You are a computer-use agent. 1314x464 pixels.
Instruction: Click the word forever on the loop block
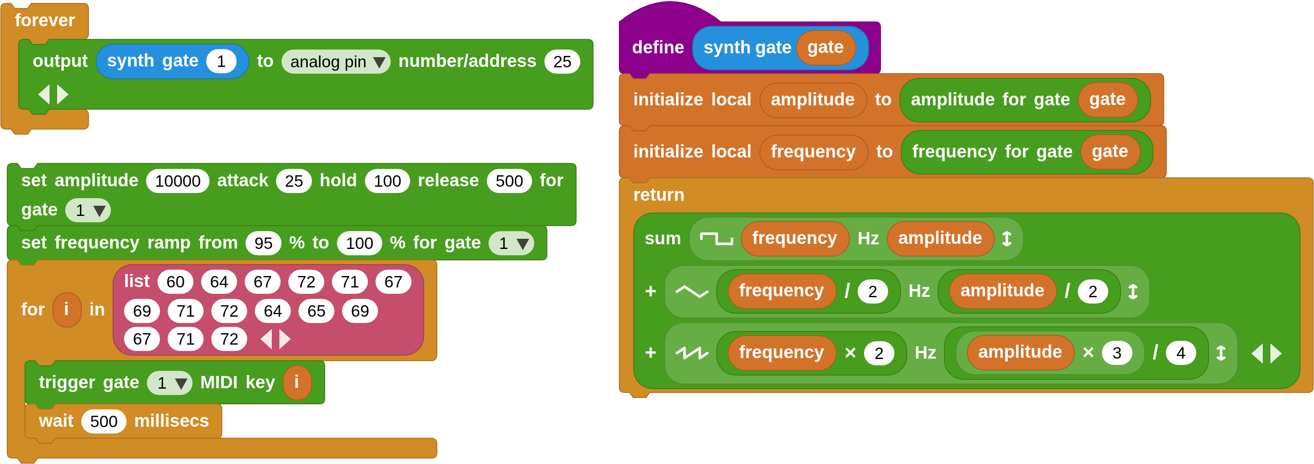(45, 20)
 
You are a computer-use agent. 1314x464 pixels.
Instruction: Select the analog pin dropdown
(336, 62)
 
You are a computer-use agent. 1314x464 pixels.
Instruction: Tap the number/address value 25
(562, 62)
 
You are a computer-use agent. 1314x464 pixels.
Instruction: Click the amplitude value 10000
(177, 181)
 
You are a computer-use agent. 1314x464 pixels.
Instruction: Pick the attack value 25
(294, 181)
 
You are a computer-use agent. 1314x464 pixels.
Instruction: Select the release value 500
(509, 181)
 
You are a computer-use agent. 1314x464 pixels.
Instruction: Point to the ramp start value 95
(263, 243)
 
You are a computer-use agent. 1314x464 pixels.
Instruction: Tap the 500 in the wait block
(104, 422)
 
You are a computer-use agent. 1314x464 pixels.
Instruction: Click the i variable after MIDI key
(297, 382)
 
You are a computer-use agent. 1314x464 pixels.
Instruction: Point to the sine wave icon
(692, 292)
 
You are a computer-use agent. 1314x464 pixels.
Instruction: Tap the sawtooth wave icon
(692, 353)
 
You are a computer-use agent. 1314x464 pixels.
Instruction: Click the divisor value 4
(1180, 353)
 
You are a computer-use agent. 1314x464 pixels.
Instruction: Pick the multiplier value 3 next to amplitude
(1117, 353)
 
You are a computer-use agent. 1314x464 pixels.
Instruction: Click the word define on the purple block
(657, 47)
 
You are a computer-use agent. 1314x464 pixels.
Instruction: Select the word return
(659, 195)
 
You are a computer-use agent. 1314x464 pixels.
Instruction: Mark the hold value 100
(387, 181)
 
